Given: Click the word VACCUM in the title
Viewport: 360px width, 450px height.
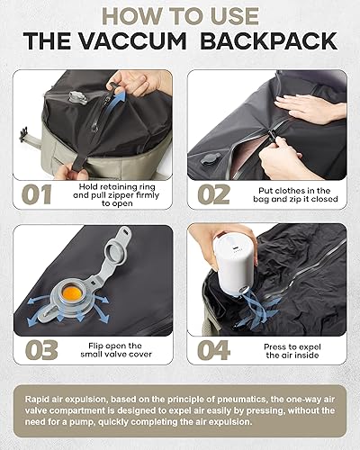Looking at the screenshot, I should (145, 40).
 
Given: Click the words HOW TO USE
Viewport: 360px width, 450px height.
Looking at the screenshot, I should (180, 15).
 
